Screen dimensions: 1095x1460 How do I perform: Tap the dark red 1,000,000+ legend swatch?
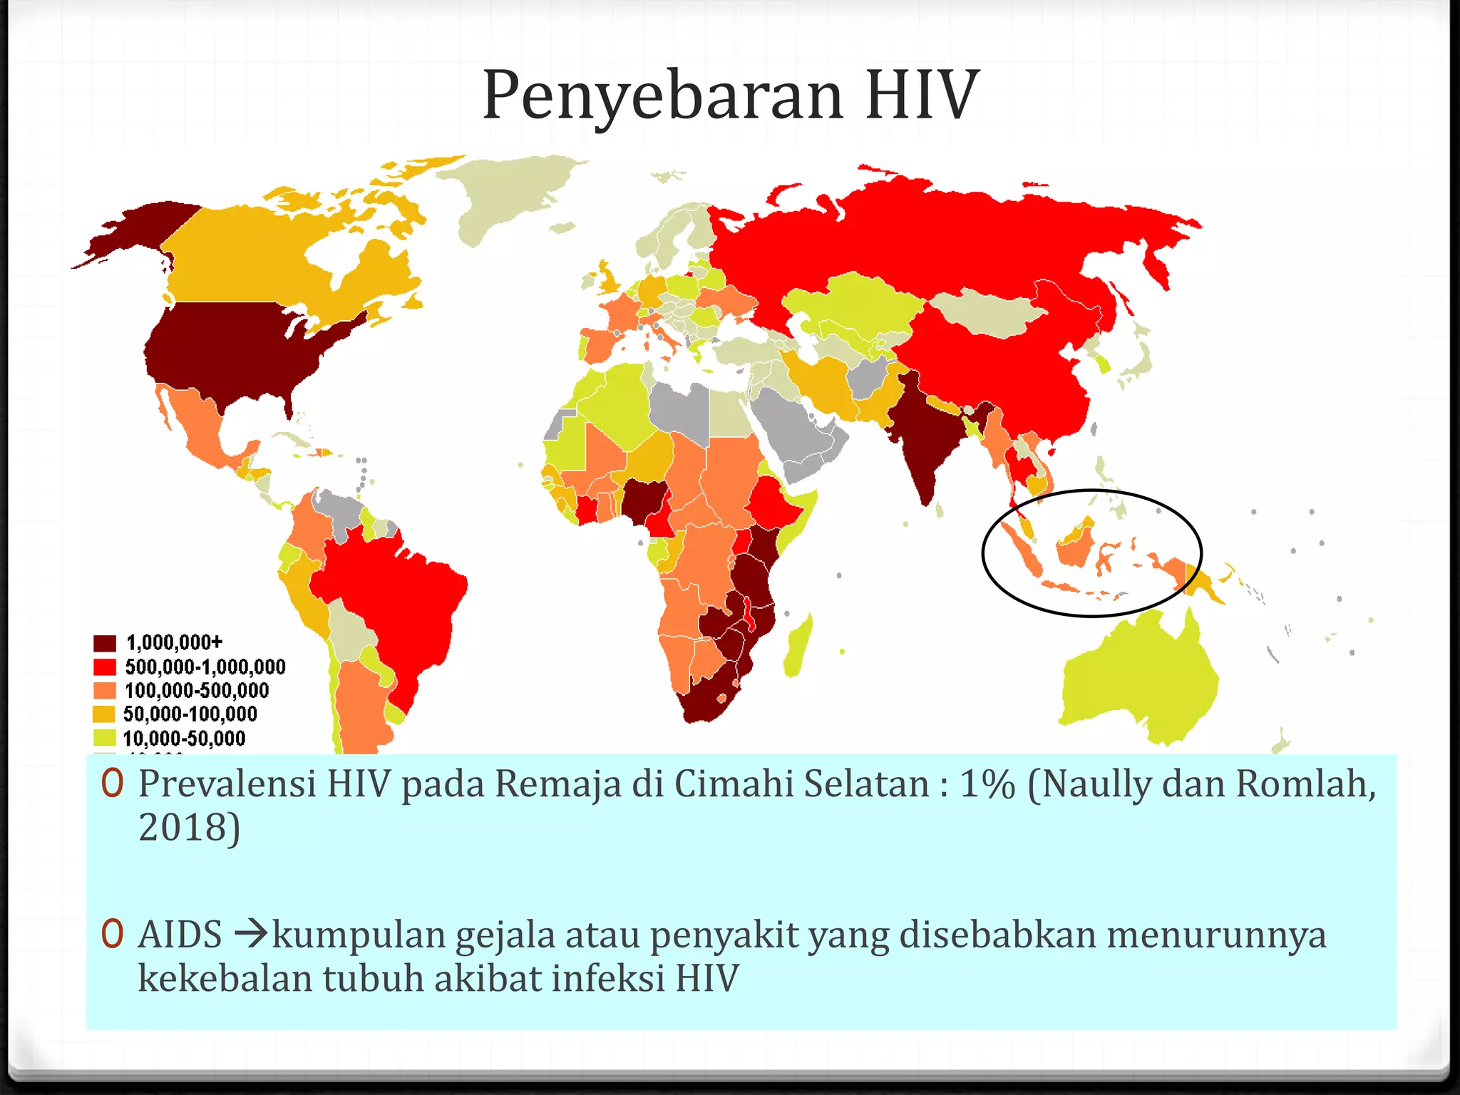[x=105, y=643]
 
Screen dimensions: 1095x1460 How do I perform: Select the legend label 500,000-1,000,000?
[x=205, y=667]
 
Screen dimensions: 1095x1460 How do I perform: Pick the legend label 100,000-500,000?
[x=197, y=690]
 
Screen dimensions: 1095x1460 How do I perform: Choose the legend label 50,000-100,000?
[x=190, y=714]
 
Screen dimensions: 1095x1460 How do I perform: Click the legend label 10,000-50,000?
[x=184, y=738]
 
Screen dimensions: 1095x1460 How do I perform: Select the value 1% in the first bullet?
[x=987, y=783]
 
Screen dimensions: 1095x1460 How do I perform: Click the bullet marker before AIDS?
[x=112, y=934]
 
